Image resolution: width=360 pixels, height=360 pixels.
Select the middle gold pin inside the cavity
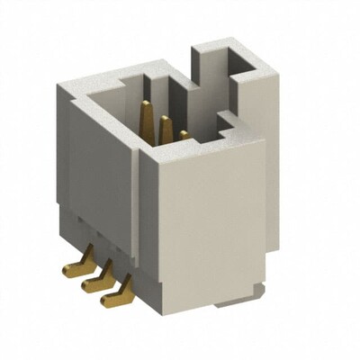click(x=165, y=130)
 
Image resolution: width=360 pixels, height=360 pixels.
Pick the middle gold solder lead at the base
click(x=91, y=283)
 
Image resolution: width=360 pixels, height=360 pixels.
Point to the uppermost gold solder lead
click(x=72, y=267)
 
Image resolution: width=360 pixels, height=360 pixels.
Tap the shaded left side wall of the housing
click(x=99, y=180)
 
